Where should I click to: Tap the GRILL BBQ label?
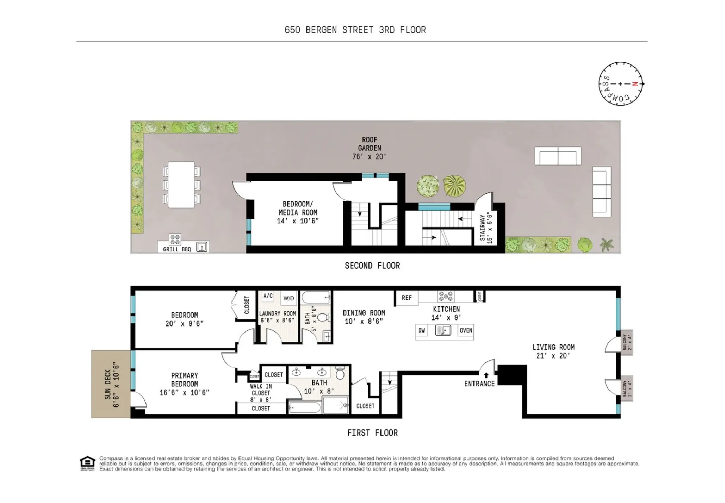(177, 249)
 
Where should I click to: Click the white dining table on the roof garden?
(181, 185)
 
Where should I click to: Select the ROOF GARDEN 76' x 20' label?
(370, 148)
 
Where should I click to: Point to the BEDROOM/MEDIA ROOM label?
(298, 212)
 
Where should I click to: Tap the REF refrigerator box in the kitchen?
(407, 298)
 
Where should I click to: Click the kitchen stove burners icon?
(446, 296)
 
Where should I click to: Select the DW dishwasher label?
(421, 330)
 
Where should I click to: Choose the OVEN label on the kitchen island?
(466, 330)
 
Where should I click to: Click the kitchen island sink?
(443, 330)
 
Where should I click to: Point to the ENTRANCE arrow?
(486, 375)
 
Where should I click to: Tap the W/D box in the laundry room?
(289, 298)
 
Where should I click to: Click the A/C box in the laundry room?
(268, 296)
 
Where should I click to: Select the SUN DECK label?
(111, 384)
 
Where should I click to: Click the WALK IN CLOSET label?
(261, 393)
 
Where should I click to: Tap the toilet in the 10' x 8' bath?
(340, 373)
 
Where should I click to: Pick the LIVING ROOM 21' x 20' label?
(553, 352)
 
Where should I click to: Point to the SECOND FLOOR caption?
(372, 266)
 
